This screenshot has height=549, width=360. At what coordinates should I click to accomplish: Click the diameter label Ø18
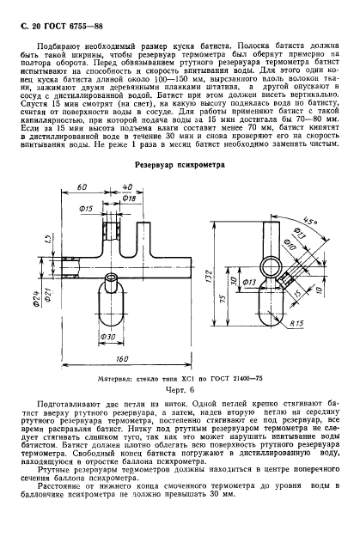pos(130,198)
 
